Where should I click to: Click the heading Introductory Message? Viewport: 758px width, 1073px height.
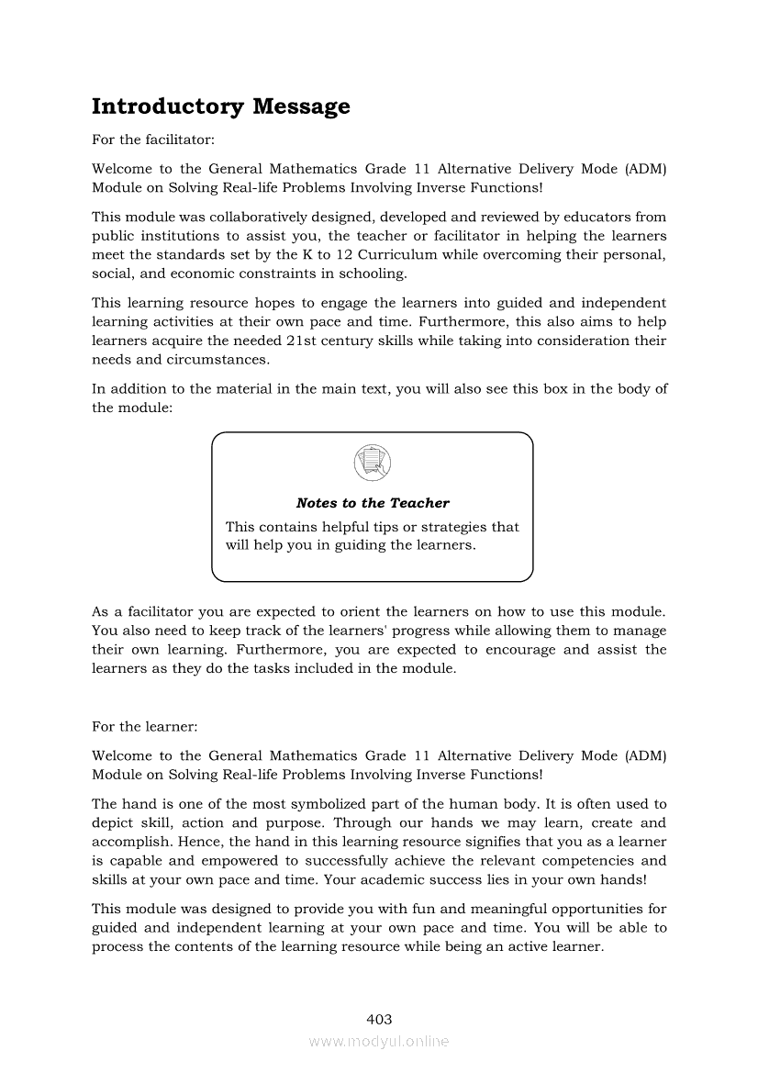tap(220, 106)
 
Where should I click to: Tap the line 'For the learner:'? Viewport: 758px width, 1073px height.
tap(144, 726)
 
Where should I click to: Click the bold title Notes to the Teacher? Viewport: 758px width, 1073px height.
tap(373, 503)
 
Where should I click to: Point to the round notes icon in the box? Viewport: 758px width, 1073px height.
tap(372, 462)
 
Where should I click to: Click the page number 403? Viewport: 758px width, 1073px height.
tap(379, 1019)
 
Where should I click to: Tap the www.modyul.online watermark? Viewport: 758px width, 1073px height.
tap(379, 1041)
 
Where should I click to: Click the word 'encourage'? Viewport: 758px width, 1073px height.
tap(522, 650)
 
